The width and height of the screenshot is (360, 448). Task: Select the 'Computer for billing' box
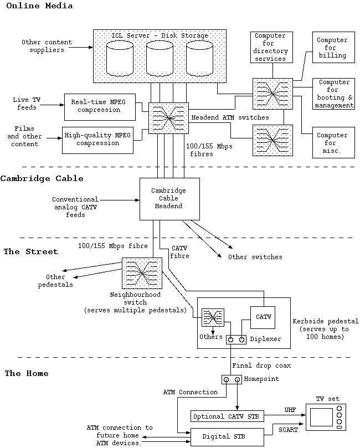pos(332,48)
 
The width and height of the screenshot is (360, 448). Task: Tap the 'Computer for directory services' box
pos(270,48)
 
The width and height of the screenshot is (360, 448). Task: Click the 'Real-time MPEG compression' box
pos(100,106)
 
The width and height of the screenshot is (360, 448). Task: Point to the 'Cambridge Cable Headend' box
pos(168,198)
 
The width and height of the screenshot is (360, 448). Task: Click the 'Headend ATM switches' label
pos(230,117)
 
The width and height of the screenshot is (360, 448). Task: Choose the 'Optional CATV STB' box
pos(228,416)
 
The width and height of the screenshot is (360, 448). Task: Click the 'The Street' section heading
pos(31,252)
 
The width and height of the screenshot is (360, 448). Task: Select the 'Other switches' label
pos(255,257)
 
